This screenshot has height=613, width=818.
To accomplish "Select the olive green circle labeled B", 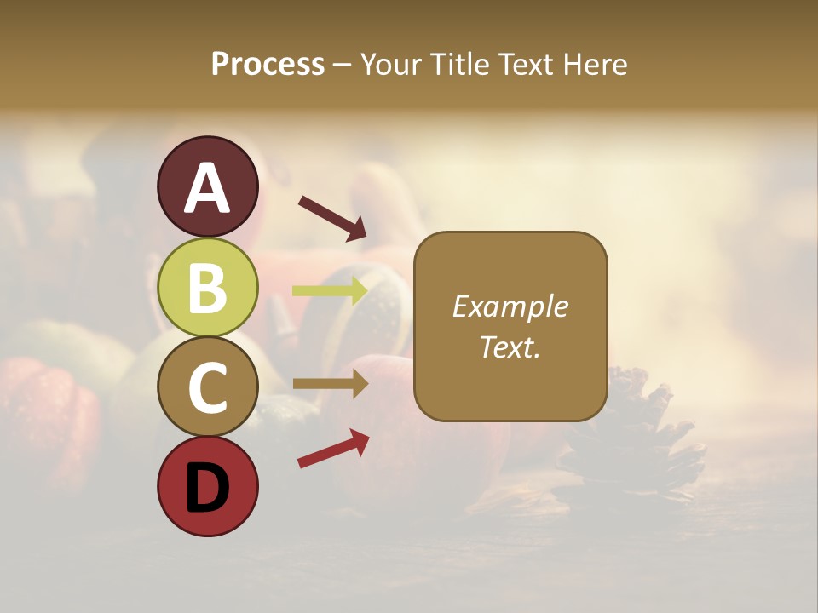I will pyautogui.click(x=208, y=287).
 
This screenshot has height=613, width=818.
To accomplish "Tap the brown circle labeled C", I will pyautogui.click(x=208, y=387).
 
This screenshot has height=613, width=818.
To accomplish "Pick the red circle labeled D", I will pyautogui.click(x=208, y=486).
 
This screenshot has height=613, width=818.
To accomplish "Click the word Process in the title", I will pyautogui.click(x=268, y=64).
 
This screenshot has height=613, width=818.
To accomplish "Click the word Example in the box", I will pyautogui.click(x=510, y=306).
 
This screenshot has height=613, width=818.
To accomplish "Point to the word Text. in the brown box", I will pyautogui.click(x=510, y=347).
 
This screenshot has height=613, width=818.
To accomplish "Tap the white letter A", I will pyautogui.click(x=208, y=188).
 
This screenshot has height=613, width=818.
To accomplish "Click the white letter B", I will pyautogui.click(x=208, y=288).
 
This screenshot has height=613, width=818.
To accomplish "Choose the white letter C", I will pyautogui.click(x=208, y=388).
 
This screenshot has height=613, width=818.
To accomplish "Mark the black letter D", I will pyautogui.click(x=208, y=488).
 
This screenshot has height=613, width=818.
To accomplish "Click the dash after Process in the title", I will pyautogui.click(x=342, y=66).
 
